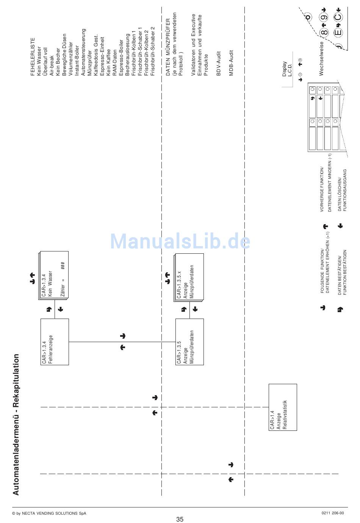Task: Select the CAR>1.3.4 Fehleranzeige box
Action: tap(55, 342)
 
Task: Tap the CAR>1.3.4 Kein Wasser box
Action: tap(53, 275)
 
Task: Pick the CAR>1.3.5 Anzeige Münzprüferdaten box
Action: tap(189, 342)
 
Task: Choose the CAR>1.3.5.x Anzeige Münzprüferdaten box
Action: tap(188, 278)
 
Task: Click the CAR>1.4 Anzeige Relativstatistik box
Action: tap(283, 407)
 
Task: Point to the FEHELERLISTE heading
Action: tap(33, 57)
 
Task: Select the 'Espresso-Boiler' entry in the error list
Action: tap(121, 57)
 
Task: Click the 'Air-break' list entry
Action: tap(52, 65)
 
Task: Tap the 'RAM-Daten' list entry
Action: tap(115, 62)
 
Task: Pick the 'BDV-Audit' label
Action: tap(218, 63)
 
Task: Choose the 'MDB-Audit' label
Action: tap(231, 63)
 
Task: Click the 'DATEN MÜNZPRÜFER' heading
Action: tap(168, 47)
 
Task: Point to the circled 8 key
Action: tap(324, 32)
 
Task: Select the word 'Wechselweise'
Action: tap(321, 59)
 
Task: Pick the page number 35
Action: tap(180, 519)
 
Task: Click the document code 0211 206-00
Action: tap(332, 513)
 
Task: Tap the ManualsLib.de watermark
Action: tap(180, 241)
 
